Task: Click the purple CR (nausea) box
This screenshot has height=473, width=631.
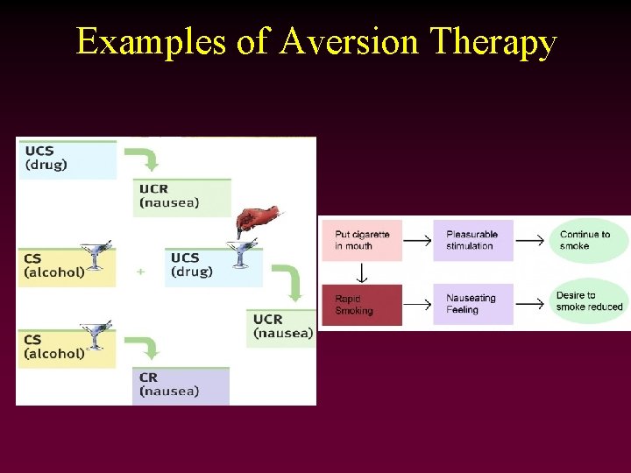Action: [x=181, y=385]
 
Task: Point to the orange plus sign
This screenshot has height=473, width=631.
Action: [x=140, y=272]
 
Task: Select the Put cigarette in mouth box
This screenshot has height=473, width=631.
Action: [x=362, y=240]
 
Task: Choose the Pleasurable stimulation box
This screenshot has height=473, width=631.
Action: [x=472, y=240]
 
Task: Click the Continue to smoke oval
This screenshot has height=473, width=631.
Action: [x=588, y=240]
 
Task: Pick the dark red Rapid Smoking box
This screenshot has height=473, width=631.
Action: [x=362, y=305]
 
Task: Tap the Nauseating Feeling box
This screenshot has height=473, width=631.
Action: [x=472, y=305]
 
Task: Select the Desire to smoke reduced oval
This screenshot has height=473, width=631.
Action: [x=590, y=301]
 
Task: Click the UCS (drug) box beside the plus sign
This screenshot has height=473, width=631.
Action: [x=213, y=266]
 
